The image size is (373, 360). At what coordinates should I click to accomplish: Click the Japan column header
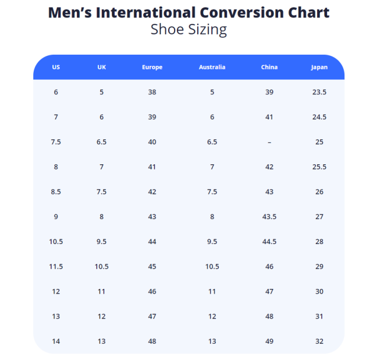[x=319, y=67]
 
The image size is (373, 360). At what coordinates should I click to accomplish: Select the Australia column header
[x=212, y=67]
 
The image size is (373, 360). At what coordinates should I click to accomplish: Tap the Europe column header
[x=152, y=67]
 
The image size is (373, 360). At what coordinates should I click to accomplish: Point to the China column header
[x=269, y=67]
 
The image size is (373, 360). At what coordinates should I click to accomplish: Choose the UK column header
[x=102, y=67]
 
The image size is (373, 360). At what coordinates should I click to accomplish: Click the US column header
[x=56, y=67]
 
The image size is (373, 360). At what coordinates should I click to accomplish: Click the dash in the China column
[x=269, y=142]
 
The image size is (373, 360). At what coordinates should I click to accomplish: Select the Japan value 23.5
[x=319, y=92]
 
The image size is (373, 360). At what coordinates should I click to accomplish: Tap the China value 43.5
[x=269, y=217]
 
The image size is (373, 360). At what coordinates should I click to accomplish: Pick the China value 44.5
[x=269, y=242]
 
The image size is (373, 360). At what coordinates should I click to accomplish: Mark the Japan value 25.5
[x=319, y=167]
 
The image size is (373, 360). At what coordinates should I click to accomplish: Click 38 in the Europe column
[x=152, y=92]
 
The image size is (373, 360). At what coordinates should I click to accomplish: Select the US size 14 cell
[x=56, y=341]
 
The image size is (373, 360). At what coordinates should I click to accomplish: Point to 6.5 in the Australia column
[x=212, y=142]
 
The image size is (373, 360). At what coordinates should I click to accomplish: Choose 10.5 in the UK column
[x=102, y=267]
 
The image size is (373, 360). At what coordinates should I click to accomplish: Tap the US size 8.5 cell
[x=56, y=192]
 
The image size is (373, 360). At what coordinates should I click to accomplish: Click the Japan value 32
[x=319, y=341]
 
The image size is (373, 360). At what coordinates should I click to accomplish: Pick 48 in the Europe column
[x=152, y=341]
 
